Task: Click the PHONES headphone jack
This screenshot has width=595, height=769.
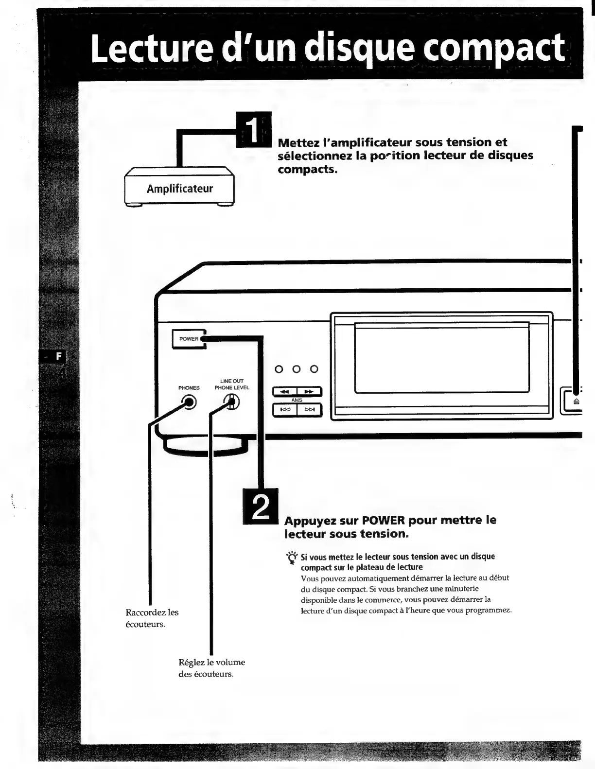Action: coord(189,402)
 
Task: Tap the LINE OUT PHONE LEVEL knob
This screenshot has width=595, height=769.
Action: coord(232,402)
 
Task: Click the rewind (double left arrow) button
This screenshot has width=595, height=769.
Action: coord(285,391)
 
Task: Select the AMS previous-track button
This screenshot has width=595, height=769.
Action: coord(285,410)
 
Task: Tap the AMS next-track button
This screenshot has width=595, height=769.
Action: coord(309,410)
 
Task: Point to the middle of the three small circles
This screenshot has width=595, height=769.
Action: coord(297,369)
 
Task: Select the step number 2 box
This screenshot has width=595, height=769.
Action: coord(260,507)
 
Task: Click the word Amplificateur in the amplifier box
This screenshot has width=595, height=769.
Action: coord(180,189)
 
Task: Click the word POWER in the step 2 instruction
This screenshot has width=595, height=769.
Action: coord(384,520)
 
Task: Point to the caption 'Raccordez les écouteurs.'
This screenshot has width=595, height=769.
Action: coord(152,618)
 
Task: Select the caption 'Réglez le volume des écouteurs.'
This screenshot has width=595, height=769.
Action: coord(211,668)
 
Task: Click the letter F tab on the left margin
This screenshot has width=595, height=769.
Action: coord(59,356)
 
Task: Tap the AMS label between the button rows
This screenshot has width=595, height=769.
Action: coord(297,400)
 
